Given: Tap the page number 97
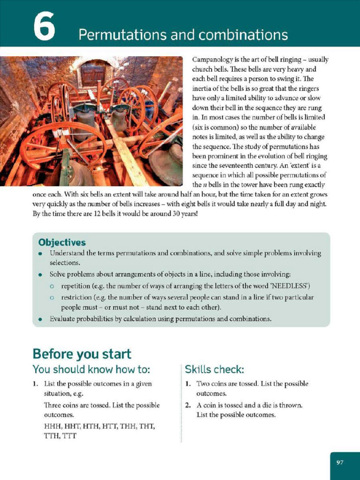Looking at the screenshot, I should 340,463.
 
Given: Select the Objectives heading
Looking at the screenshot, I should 62,242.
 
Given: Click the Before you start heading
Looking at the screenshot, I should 82,353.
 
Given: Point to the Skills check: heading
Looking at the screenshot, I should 214,369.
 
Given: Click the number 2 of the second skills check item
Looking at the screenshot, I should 187,405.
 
